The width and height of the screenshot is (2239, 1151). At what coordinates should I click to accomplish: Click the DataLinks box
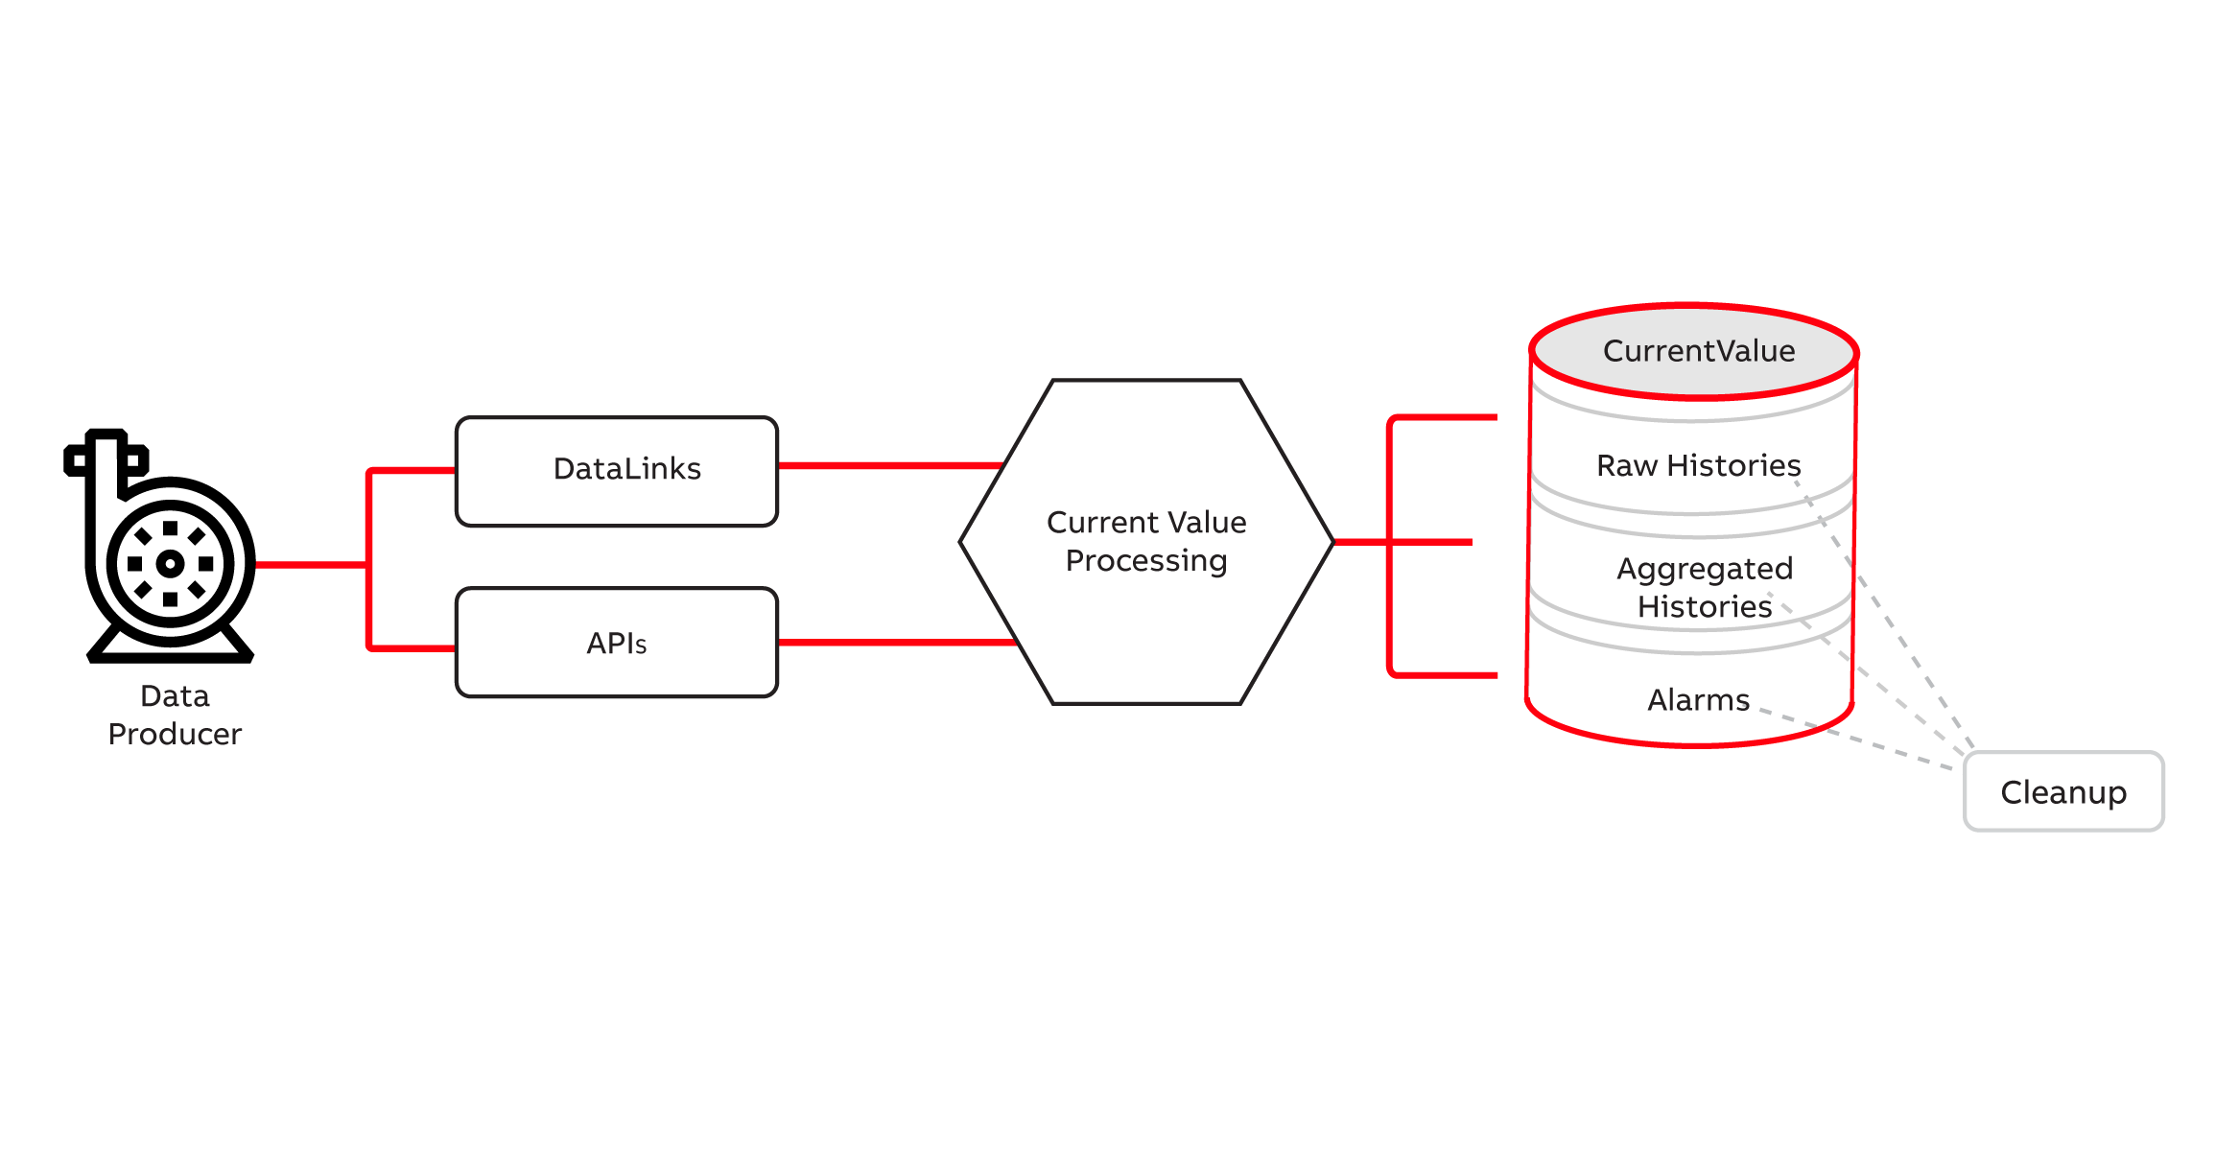(617, 471)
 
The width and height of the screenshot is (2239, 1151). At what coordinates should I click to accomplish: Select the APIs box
(617, 643)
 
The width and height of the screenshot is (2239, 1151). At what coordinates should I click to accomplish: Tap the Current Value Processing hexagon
(1146, 614)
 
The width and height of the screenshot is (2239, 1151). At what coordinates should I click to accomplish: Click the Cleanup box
(2063, 792)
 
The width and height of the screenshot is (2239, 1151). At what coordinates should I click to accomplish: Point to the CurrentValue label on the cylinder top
(1698, 351)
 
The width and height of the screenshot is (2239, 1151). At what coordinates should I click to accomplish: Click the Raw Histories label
(1698, 465)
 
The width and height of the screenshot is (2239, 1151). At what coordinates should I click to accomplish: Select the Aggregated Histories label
(1704, 587)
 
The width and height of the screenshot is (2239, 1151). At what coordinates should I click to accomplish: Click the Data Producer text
(175, 715)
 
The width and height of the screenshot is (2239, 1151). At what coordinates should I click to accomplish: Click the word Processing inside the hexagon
(1146, 561)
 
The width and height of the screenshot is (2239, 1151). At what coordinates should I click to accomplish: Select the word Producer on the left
(175, 734)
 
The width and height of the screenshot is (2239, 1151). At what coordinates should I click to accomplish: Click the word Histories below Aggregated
(1704, 607)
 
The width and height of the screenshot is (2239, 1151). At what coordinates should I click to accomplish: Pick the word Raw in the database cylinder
(1627, 465)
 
